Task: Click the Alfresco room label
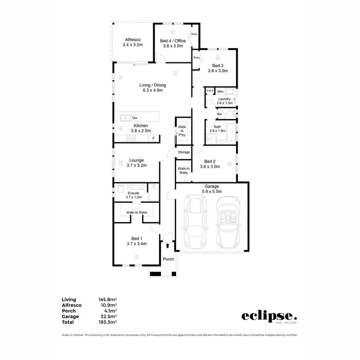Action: pyautogui.click(x=132, y=39)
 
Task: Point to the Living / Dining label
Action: pyautogui.click(x=153, y=84)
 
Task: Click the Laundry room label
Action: pyautogui.click(x=225, y=99)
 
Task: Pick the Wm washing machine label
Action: pyautogui.click(x=220, y=91)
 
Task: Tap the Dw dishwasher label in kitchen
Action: pyautogui.click(x=135, y=117)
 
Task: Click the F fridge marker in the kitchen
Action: pyautogui.click(x=154, y=138)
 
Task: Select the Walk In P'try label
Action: pyautogui.click(x=182, y=131)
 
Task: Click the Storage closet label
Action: pyautogui.click(x=184, y=152)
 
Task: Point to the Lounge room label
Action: pyautogui.click(x=136, y=160)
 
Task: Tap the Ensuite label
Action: pyautogui.click(x=133, y=193)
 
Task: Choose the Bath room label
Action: pyautogui.click(x=217, y=127)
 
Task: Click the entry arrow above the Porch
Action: pyautogui.click(x=168, y=246)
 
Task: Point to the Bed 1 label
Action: pyautogui.click(x=137, y=239)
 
